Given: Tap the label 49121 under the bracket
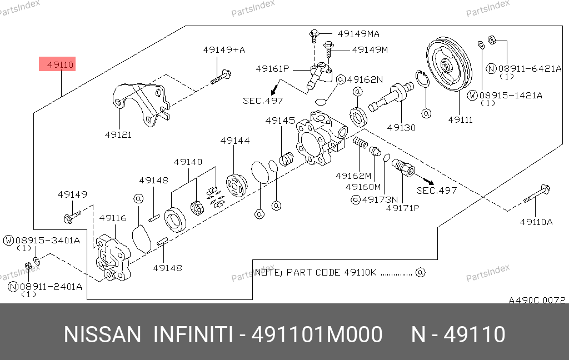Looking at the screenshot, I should pos(118,134).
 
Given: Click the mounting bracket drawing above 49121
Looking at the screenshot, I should pos(141,103).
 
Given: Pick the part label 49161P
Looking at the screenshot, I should pos(272,69).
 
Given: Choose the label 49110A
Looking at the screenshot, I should pos(536,222).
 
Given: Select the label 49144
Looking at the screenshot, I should pos(234,141).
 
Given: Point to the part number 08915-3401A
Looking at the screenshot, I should pos(47,241).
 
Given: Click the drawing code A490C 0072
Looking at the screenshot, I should pos(537,300).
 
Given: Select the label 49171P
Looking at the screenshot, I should pos(403,208).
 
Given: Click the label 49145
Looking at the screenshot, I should pos(280,121).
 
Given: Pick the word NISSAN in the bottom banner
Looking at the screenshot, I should pos(103,335).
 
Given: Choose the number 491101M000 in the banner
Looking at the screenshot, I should pos(317,335).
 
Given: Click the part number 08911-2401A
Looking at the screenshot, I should pos(51,287).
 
